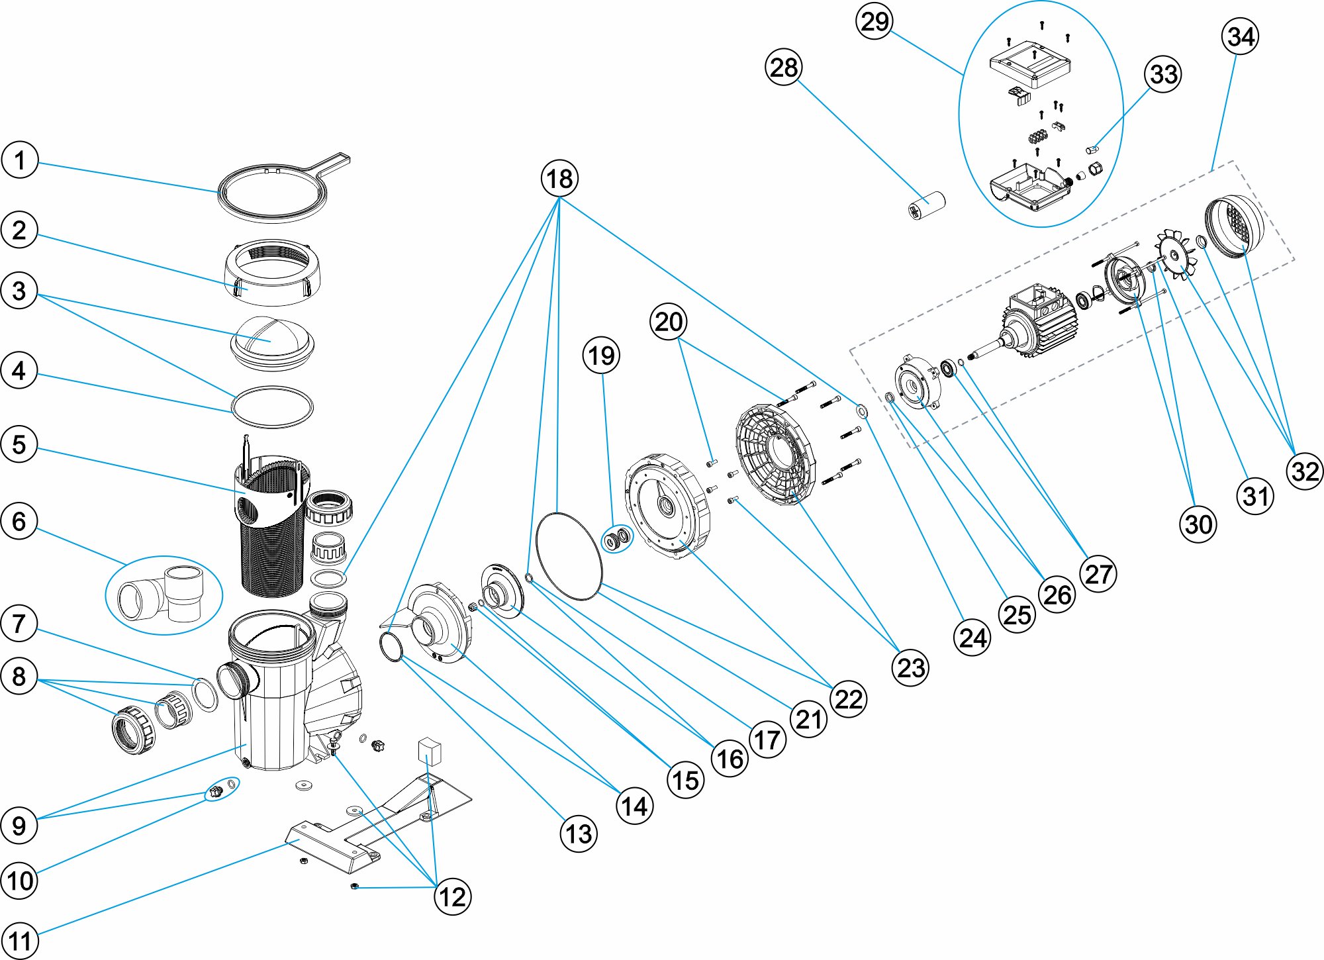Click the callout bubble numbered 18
[559, 179]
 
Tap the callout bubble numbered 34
[1240, 36]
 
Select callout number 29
[875, 22]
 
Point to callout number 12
[453, 897]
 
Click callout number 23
[911, 668]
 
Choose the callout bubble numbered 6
[19, 522]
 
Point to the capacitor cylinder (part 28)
[927, 205]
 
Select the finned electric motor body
[1039, 324]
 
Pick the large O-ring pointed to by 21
[568, 556]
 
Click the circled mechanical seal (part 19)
[616, 540]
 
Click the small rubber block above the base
[429, 752]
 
